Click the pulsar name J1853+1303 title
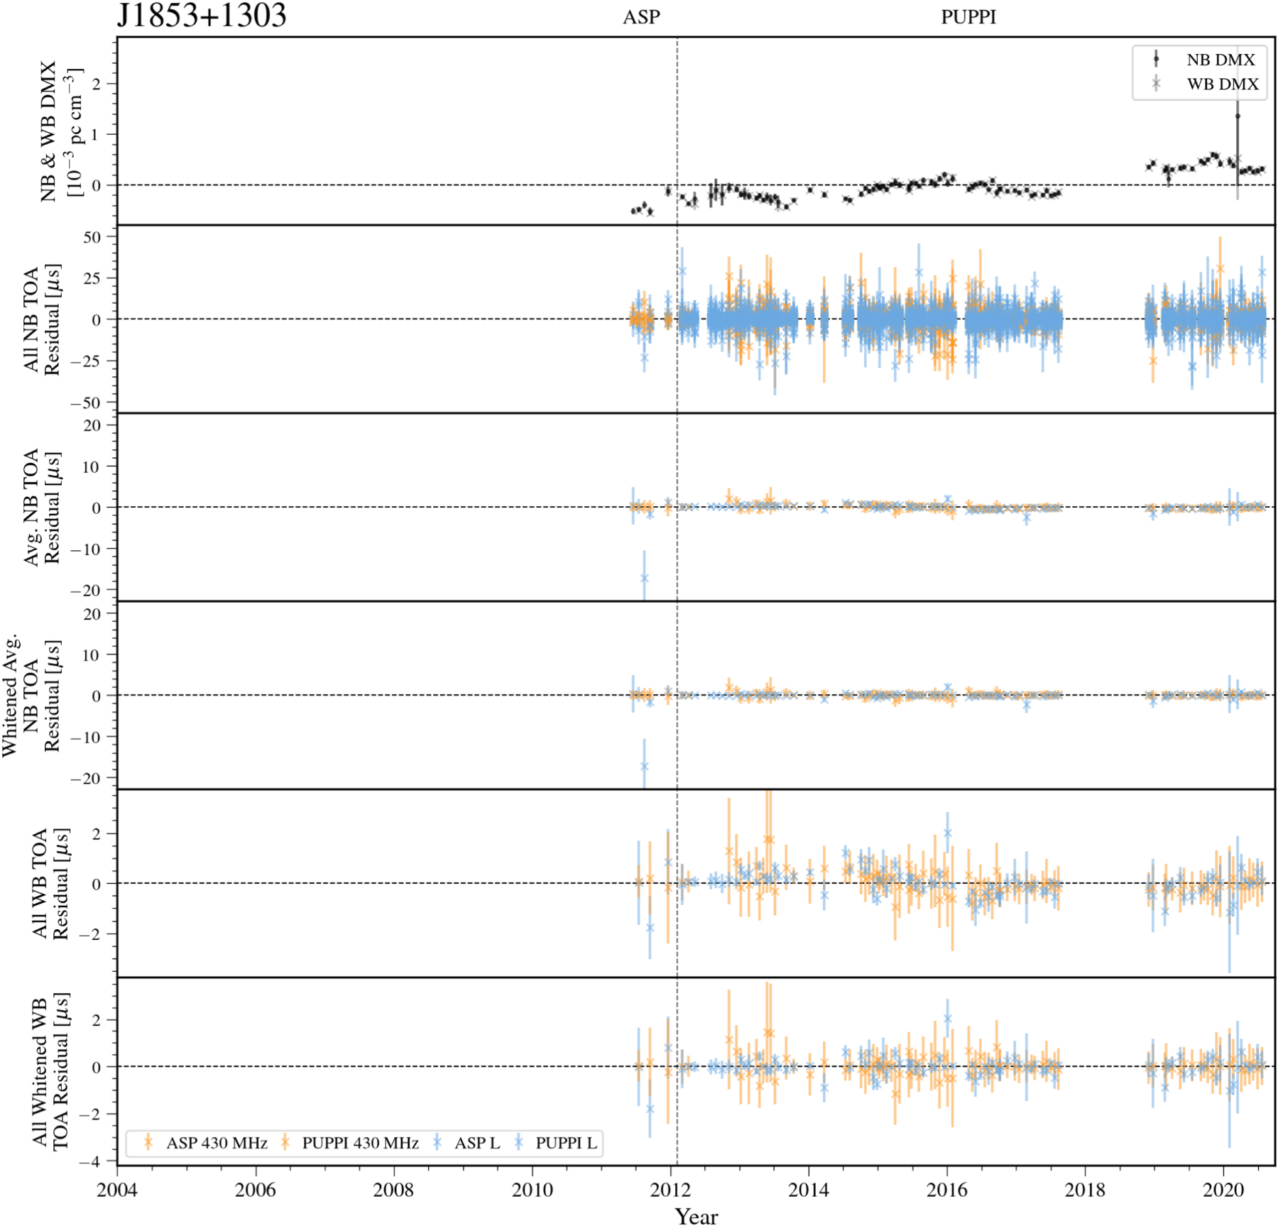(202, 16)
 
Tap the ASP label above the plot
(641, 17)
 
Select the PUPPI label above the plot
(968, 17)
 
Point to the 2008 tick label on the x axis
(393, 1190)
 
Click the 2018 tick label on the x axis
(1085, 1190)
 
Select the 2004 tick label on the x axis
(117, 1190)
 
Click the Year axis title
(696, 1216)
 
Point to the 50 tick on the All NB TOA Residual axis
(92, 237)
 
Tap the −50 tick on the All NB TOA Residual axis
(85, 403)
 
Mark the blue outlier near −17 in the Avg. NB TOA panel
(644, 578)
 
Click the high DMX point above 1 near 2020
(1238, 116)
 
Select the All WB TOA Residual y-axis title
(50, 883)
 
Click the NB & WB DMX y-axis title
(61, 131)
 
